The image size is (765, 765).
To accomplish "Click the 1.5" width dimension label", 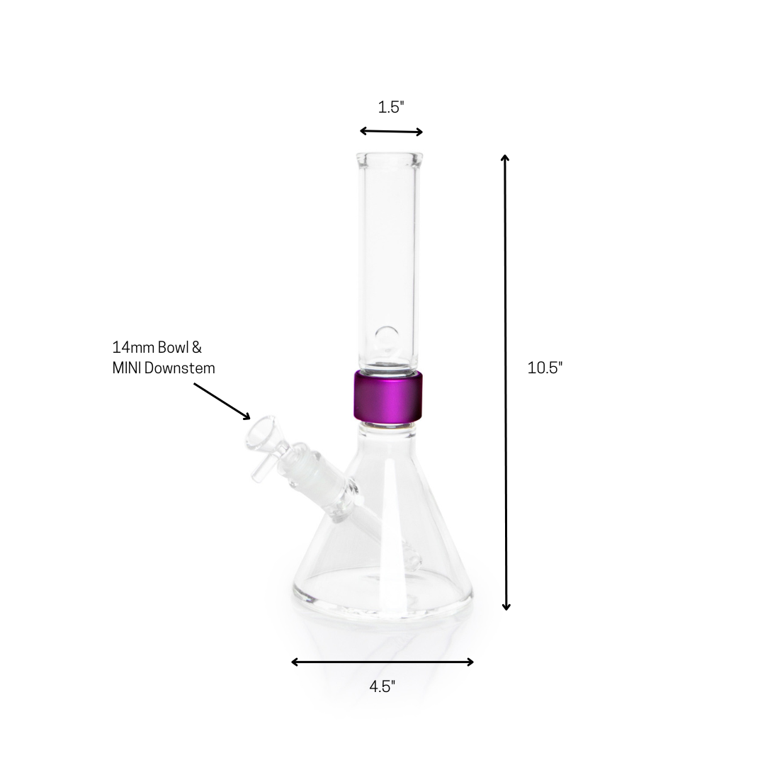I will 390,108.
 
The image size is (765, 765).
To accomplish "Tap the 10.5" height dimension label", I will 545,368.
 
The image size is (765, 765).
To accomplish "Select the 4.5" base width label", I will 382,686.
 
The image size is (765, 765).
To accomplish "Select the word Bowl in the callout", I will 172,348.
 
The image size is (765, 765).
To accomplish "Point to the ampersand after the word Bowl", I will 197,348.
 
